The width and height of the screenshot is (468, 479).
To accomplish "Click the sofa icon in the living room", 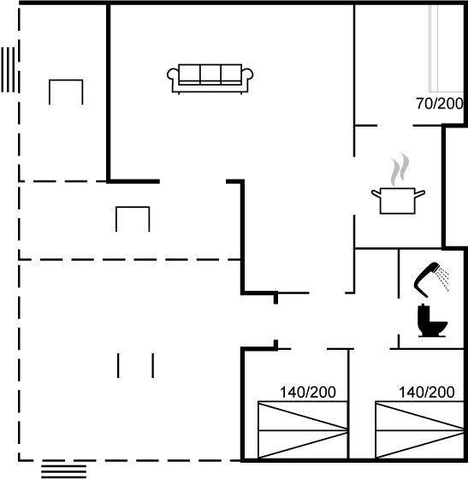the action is pyautogui.click(x=210, y=79).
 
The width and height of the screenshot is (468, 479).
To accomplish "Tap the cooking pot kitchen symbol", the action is pyautogui.click(x=398, y=201).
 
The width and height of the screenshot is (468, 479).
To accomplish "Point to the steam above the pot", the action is pyautogui.click(x=400, y=169).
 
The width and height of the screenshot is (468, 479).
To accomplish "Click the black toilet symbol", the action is pyautogui.click(x=432, y=321).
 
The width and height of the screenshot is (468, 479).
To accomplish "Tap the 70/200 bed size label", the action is pyautogui.click(x=439, y=103).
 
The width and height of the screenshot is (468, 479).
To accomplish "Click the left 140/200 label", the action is pyautogui.click(x=308, y=393).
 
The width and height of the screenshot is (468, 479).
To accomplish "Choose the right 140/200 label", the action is pyautogui.click(x=426, y=393).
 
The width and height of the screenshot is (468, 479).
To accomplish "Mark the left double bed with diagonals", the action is pyautogui.click(x=303, y=430).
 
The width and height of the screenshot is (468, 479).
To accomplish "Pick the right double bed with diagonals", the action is pyautogui.click(x=419, y=430).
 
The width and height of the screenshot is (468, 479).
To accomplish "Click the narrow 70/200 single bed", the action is pyautogui.click(x=446, y=48).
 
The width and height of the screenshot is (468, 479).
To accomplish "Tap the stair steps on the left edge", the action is pyautogui.click(x=8, y=69).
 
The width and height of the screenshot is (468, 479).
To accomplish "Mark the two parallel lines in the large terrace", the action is pyautogui.click(x=136, y=366).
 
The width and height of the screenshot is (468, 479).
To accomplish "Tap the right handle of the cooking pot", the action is pyautogui.click(x=420, y=193).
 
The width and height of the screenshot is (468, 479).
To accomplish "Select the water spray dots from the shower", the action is pyautogui.click(x=443, y=278).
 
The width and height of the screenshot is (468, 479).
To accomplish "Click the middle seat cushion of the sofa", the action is pyautogui.click(x=210, y=74).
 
